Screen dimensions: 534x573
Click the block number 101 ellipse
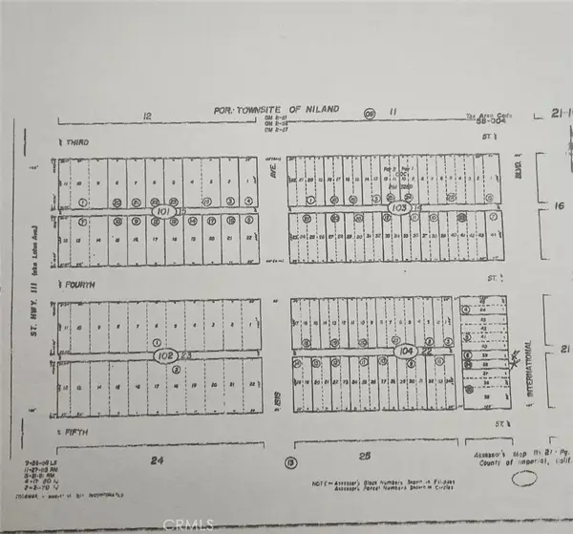click(164, 211)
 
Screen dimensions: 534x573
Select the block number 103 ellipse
click(399, 206)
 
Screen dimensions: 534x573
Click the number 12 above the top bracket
click(147, 115)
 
